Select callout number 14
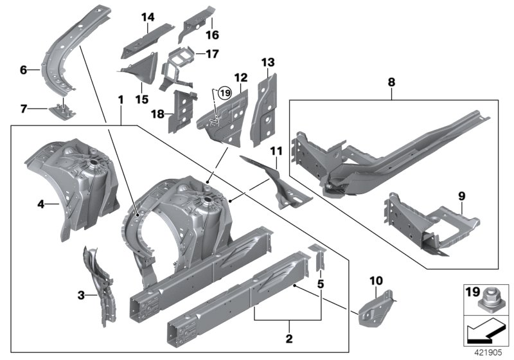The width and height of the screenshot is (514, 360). click(x=149, y=17)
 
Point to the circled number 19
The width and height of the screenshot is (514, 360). click(x=224, y=94)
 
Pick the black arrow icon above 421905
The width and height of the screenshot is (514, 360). click(x=486, y=334)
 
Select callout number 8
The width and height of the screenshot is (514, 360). click(x=391, y=82)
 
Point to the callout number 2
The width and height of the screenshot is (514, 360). click(x=289, y=338)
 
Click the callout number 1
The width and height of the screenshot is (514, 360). click(x=120, y=101)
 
